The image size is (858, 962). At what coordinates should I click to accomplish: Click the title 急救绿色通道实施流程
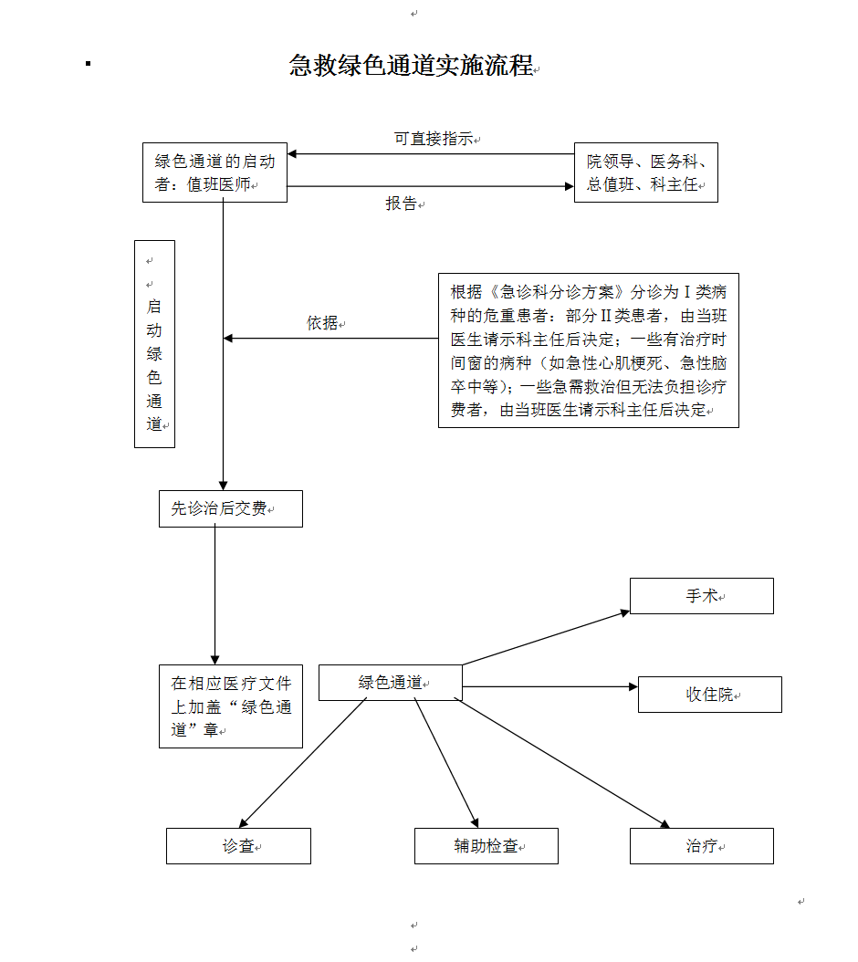(411, 66)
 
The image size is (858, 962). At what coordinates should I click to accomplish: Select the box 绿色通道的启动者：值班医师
(214, 173)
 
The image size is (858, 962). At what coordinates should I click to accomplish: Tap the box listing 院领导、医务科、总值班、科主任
(645, 173)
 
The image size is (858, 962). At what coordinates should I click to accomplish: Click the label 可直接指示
(434, 139)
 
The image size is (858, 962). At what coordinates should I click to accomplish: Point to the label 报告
(402, 204)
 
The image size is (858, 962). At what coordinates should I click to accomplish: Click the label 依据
(322, 323)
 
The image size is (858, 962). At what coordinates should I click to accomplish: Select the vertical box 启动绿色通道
(154, 344)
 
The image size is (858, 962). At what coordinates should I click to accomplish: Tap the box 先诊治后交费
(230, 509)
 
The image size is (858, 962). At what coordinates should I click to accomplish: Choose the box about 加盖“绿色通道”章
(231, 706)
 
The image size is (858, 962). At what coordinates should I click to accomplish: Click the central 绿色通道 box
(390, 683)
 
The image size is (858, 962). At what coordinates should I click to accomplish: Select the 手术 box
(701, 596)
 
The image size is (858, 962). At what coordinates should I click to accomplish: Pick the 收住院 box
(709, 695)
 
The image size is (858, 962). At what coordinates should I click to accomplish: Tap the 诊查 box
(238, 846)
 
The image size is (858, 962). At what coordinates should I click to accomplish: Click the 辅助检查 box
(486, 846)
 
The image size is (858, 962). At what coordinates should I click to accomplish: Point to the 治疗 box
(701, 846)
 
